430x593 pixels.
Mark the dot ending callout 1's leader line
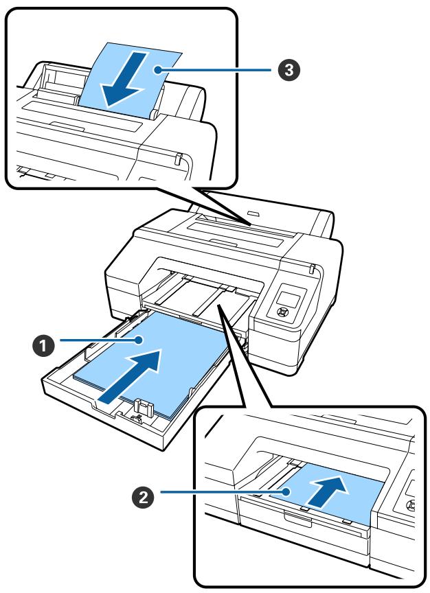[142, 340]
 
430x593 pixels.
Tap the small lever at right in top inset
[177, 159]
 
